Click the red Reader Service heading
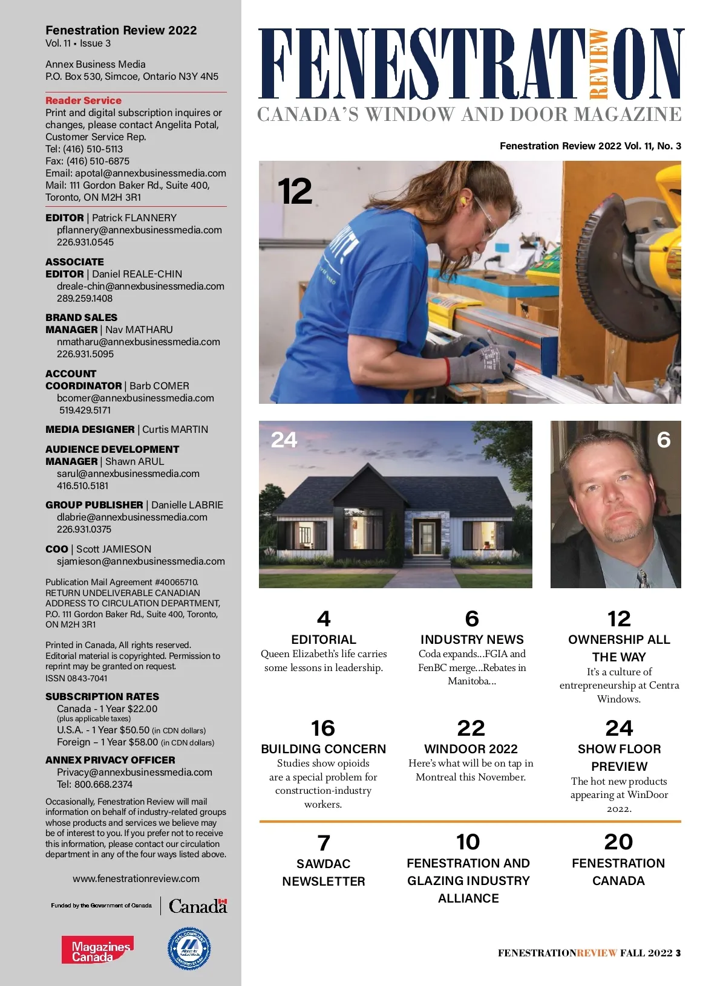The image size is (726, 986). (x=83, y=100)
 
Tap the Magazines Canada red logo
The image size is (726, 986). (x=97, y=950)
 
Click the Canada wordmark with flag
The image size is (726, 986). (x=198, y=906)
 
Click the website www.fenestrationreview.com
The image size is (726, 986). (x=136, y=878)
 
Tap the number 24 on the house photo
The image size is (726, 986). (x=284, y=439)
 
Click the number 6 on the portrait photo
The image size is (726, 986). (x=664, y=439)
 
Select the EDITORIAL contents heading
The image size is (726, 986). (x=324, y=640)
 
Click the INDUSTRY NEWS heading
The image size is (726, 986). (x=472, y=640)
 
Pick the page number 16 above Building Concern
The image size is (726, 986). (x=323, y=728)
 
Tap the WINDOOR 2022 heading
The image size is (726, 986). (x=471, y=749)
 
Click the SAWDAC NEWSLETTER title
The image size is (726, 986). (x=324, y=872)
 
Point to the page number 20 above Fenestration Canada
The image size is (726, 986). (x=618, y=842)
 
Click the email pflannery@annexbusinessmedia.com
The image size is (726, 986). (x=139, y=230)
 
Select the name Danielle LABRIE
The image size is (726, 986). (x=187, y=505)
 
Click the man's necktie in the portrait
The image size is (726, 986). (x=642, y=578)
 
